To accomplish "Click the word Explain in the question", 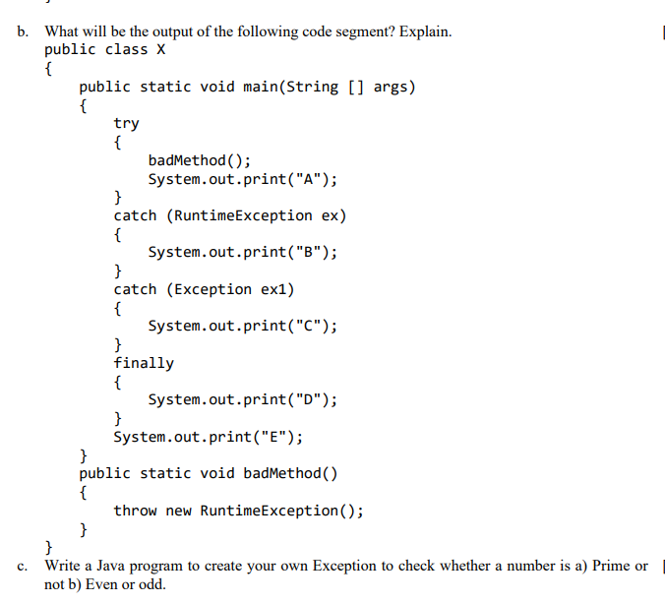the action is coord(425,31).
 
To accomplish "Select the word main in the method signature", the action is coord(260,87).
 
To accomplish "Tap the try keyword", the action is coord(126,123).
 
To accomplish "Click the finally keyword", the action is coord(144,363).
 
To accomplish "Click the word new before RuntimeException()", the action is coord(178,511).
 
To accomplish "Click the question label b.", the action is coord(22,31).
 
